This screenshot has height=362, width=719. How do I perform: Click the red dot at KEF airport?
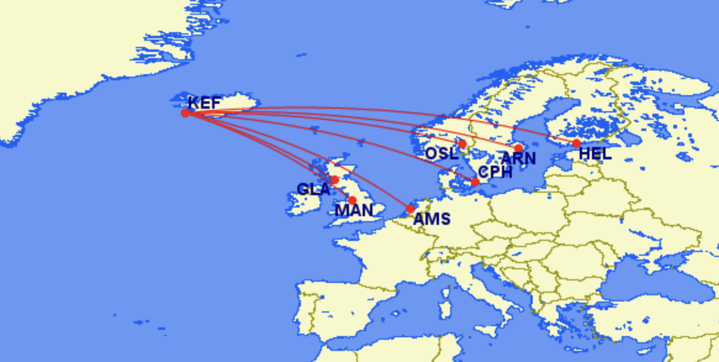185,113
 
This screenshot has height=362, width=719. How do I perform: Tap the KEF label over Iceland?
204,103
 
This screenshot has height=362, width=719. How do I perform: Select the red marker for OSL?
462,144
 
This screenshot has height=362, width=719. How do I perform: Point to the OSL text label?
442,153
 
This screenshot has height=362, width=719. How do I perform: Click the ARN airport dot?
519,148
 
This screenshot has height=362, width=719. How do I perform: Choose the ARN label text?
518,159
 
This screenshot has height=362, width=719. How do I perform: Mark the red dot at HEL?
577,143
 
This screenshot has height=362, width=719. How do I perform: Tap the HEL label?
595,154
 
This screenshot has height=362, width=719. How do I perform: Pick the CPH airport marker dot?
475,182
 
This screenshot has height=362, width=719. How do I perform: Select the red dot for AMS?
411,209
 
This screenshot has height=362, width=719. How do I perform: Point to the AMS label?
432,219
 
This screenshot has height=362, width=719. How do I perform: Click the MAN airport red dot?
352,200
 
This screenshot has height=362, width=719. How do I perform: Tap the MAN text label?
354,211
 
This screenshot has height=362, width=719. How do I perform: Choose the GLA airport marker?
334,180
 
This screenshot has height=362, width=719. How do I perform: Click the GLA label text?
314,189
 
